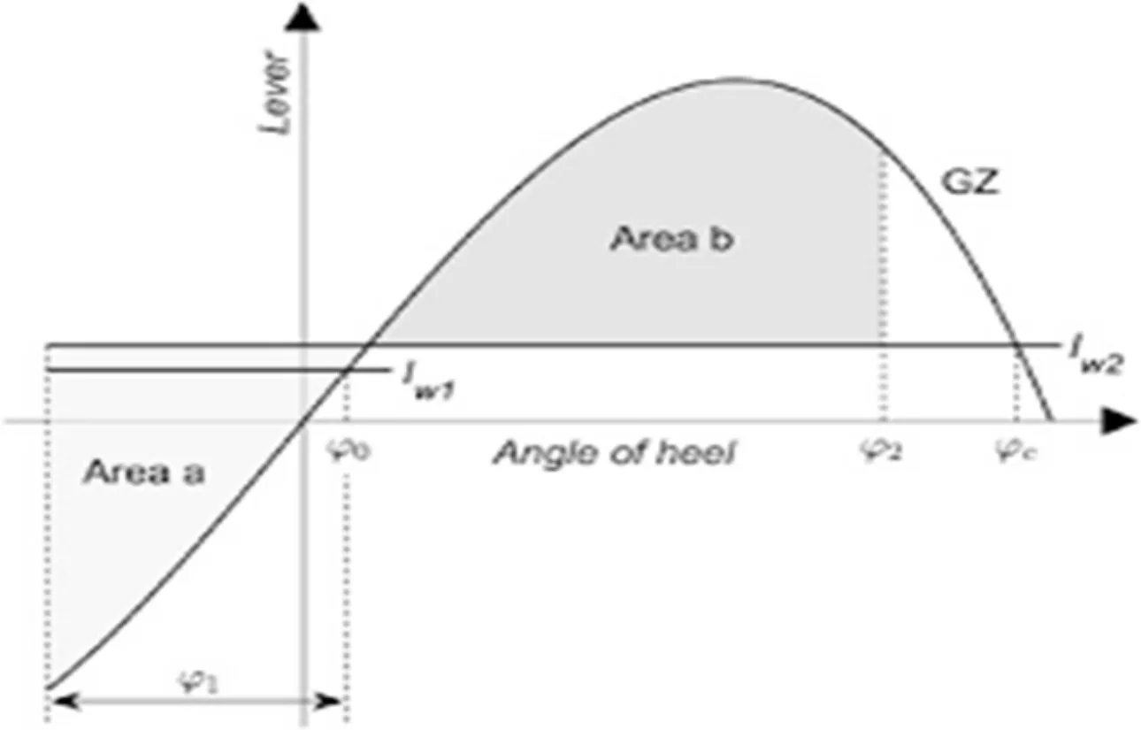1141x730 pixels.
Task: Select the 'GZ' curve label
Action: click(969, 187)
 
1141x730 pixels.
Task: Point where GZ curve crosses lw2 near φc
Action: click(1015, 344)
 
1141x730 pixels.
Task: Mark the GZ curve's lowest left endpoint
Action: click(47, 687)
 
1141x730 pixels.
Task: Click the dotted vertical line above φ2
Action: click(881, 248)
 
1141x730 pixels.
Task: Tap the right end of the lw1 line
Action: click(387, 369)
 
